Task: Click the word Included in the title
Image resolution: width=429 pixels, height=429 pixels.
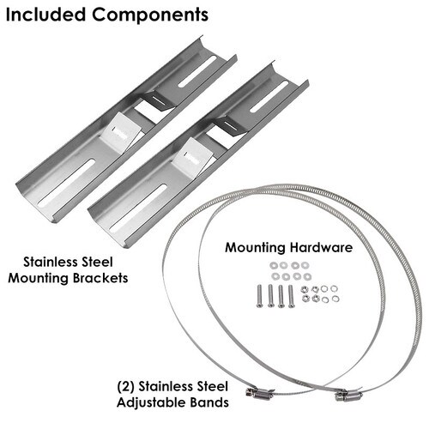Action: (x=45, y=15)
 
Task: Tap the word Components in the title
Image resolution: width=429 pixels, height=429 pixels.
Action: (x=150, y=15)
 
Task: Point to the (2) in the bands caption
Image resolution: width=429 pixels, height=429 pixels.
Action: (x=125, y=387)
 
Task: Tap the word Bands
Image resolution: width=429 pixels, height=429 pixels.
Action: (x=205, y=402)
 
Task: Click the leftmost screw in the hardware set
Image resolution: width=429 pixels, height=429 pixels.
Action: (x=259, y=296)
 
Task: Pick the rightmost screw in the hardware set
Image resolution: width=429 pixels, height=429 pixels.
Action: (x=291, y=296)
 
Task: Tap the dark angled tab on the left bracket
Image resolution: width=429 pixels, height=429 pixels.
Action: (x=159, y=100)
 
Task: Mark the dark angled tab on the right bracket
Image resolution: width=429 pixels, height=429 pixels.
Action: (x=231, y=125)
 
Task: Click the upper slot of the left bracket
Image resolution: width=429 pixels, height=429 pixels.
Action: (x=197, y=71)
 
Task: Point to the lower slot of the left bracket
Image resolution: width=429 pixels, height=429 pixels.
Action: (x=66, y=184)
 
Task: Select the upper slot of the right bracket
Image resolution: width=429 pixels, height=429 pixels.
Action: (x=269, y=96)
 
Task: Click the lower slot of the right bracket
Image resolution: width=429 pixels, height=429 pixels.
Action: (x=137, y=208)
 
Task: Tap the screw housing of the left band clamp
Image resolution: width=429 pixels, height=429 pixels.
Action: (x=258, y=393)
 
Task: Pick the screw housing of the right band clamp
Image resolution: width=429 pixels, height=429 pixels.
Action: (x=348, y=396)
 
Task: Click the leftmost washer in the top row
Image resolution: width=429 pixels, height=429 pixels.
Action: (x=274, y=265)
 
